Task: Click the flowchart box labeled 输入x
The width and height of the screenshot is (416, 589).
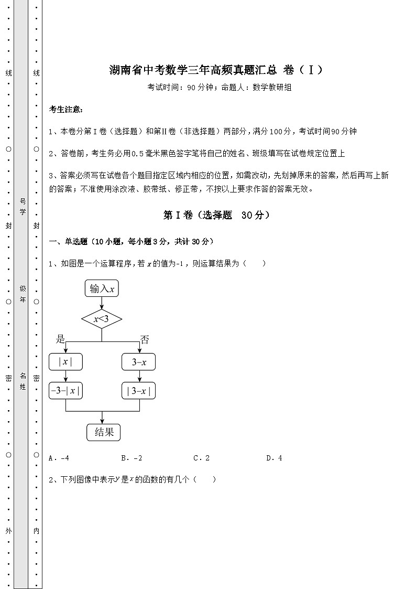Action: tap(102, 288)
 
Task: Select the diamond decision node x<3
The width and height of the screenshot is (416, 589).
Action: tap(102, 318)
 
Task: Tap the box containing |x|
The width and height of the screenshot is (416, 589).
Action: tap(65, 361)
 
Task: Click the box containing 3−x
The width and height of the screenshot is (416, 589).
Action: tap(139, 361)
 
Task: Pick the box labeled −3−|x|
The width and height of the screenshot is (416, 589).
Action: tap(65, 391)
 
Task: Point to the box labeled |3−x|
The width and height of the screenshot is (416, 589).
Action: tap(139, 391)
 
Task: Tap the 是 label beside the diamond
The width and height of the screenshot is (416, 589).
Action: tap(60, 339)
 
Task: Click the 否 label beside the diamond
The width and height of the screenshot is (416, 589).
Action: tap(145, 339)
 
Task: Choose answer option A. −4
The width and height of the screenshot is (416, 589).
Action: tap(59, 458)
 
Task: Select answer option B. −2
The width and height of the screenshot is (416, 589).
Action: tap(132, 458)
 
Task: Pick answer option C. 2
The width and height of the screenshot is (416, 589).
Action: tap(202, 458)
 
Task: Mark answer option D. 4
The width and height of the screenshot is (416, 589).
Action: tap(274, 458)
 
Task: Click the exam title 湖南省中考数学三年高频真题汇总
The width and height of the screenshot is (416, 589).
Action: tap(194, 70)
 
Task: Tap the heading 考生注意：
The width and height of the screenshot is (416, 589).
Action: tap(65, 109)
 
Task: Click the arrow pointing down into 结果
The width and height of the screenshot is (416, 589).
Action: tap(102, 416)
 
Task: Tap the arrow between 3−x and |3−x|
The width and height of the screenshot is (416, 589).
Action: tap(139, 376)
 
